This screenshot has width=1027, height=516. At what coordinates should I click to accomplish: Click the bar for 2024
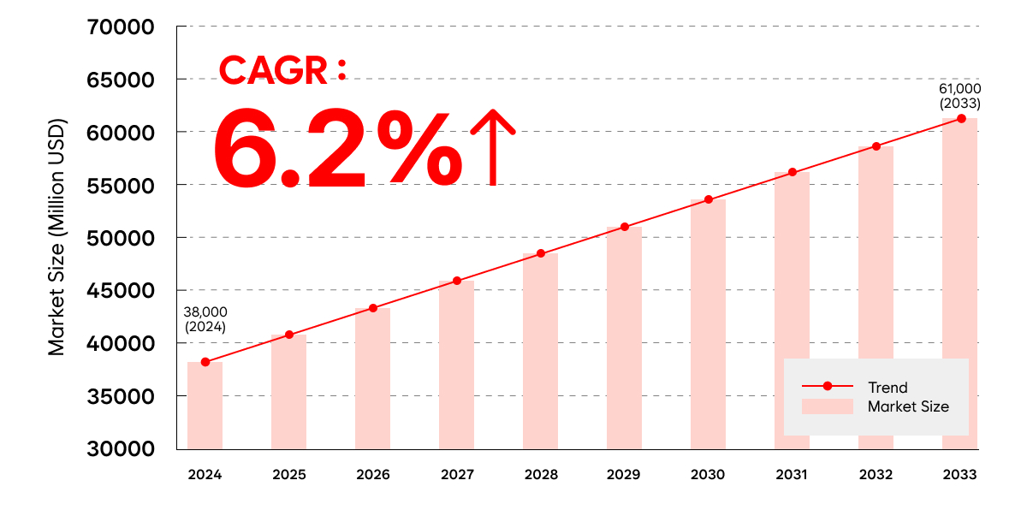pos(205,406)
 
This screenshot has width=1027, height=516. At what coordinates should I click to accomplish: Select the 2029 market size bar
pos(624,338)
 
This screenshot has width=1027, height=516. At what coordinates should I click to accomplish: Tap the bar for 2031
pos(792,311)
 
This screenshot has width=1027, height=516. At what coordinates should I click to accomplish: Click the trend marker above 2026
pos(373,308)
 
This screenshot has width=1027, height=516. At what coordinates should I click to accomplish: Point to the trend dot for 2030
pos(708,199)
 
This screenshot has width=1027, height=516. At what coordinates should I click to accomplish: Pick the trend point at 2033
pos(961,118)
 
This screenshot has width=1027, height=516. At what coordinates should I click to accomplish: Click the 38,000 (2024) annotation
pos(206,319)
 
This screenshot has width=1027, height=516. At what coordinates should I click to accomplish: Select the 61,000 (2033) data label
pos(960,96)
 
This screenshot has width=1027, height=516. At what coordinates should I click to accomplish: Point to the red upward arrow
pos(493,146)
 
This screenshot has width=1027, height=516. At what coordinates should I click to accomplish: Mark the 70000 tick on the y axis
pos(121,27)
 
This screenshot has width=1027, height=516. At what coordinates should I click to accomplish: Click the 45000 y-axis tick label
pos(121,291)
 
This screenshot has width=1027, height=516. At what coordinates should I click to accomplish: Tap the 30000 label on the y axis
pos(121,449)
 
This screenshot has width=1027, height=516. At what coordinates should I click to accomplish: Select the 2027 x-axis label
pos(456,475)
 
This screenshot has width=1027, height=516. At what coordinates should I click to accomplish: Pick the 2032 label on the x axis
pos(876,475)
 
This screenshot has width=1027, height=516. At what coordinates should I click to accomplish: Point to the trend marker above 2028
pos(540,253)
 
